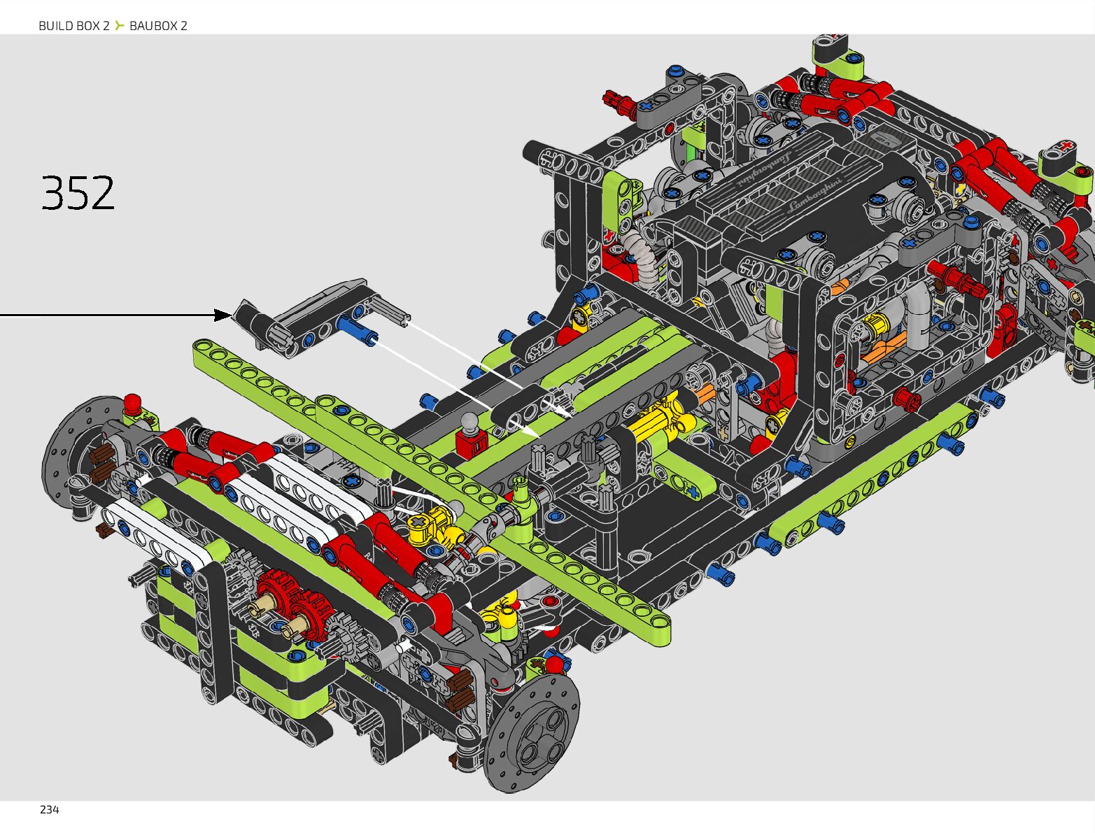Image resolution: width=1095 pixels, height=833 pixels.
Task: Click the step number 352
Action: [78, 192]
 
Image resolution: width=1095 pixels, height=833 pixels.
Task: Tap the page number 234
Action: [49, 810]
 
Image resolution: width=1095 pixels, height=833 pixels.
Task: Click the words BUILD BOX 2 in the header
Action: [74, 26]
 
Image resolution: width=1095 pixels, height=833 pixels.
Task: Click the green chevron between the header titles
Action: [119, 25]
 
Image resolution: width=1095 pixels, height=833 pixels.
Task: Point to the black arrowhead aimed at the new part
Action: [223, 315]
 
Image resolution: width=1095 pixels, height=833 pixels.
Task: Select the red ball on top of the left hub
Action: [132, 402]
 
